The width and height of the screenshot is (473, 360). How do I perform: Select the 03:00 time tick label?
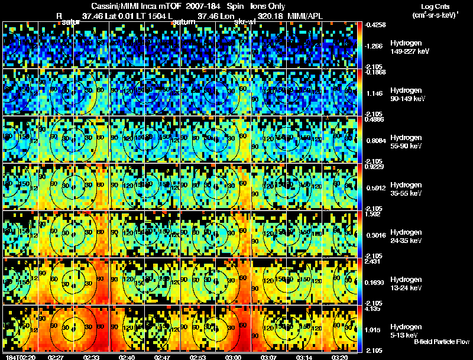pyautogui.click(x=233, y=357)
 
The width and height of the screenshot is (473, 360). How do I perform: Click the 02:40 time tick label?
pyautogui.click(x=127, y=357)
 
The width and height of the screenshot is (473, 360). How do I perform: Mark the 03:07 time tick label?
pyautogui.click(x=269, y=357)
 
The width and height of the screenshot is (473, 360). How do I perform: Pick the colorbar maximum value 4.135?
pyautogui.click(x=375, y=308)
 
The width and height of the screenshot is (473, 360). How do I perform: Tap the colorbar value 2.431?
pyautogui.click(x=375, y=261)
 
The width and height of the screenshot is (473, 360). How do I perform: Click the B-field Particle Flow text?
pyautogui.click(x=442, y=342)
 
